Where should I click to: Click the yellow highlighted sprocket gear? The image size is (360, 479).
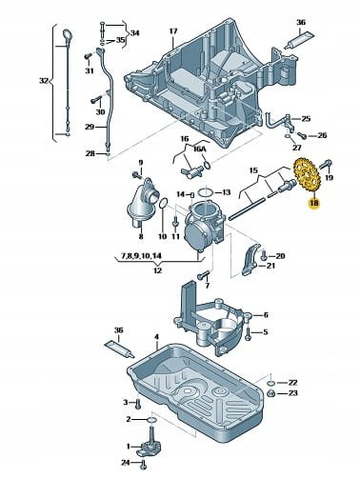click(307, 175)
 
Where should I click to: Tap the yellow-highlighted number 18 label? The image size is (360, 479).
click(314, 203)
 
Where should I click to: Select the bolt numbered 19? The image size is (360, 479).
click(326, 165)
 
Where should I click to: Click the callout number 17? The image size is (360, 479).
click(173, 31)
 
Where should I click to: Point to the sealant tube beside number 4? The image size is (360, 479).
click(120, 349)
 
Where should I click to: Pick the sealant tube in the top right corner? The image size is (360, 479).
click(300, 39)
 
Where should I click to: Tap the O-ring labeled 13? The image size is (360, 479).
click(206, 192)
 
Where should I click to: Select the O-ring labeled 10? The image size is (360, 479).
click(163, 204)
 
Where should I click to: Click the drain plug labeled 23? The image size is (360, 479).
click(271, 394)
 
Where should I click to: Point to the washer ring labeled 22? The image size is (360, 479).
click(271, 383)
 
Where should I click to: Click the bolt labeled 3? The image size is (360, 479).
click(138, 404)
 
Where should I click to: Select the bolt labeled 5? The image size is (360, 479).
click(248, 333)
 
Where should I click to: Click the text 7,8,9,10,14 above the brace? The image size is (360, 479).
click(141, 255)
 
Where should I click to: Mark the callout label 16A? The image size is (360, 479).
click(200, 149)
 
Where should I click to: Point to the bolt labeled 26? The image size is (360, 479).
click(301, 136)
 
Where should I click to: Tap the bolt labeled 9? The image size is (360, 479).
click(137, 174)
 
